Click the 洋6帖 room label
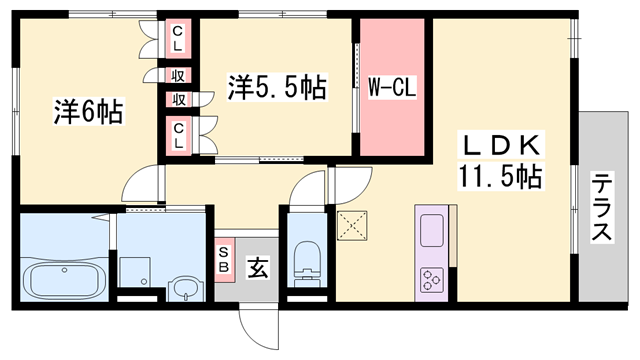pyautogui.click(x=88, y=110)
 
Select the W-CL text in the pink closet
pyautogui.click(x=391, y=87)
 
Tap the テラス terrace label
pyautogui.click(x=604, y=208)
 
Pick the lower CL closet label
pyautogui.click(x=178, y=134)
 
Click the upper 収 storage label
pyautogui.click(x=178, y=76)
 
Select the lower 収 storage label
pyautogui.click(x=178, y=98)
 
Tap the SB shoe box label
pyautogui.click(x=223, y=259)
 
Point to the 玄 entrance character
pyautogui.click(x=256, y=267)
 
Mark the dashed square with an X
pyautogui.click(x=352, y=227)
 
